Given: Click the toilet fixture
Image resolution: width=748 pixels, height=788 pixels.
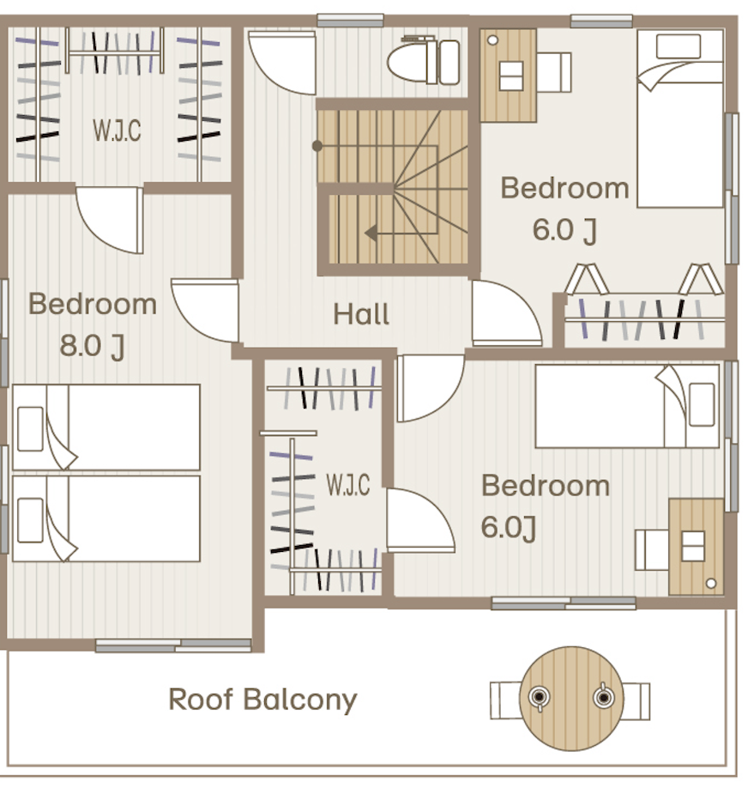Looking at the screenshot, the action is [x=424, y=60].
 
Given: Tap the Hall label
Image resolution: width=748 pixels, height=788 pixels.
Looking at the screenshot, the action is [x=361, y=314].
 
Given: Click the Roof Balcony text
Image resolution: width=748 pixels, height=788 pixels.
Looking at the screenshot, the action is [x=262, y=700].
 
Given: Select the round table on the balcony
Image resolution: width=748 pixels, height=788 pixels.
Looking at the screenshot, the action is [x=571, y=698].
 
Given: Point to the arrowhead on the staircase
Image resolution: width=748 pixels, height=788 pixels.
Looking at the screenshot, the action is [x=371, y=233].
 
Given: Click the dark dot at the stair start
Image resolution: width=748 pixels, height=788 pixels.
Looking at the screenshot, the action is [x=317, y=146].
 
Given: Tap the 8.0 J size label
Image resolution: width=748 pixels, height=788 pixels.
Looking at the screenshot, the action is [x=92, y=346].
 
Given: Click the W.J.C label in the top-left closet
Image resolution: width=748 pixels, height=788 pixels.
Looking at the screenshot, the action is [x=117, y=130].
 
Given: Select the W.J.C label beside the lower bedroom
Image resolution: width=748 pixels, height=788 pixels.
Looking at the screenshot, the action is [x=348, y=485].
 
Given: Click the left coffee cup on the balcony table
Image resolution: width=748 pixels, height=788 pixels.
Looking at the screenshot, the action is [x=539, y=698].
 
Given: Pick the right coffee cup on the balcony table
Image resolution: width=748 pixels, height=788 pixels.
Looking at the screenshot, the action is [x=603, y=696].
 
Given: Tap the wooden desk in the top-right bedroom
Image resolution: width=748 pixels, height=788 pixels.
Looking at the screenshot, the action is [x=508, y=76].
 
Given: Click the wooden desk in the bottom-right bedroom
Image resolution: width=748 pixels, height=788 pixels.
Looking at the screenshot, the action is [x=697, y=547].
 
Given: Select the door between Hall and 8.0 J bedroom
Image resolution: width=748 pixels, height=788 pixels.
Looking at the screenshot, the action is [x=206, y=311].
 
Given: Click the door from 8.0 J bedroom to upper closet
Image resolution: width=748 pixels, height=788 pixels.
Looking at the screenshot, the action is [x=111, y=220].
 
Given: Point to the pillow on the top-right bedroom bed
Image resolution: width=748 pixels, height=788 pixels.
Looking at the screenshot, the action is [x=679, y=46].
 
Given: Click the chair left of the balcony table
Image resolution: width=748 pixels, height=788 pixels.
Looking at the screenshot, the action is [x=506, y=700].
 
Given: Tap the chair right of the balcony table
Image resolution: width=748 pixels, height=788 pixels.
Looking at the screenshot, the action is [x=636, y=701].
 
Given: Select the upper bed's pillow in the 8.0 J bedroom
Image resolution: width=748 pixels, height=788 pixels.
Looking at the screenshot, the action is [x=30, y=428].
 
